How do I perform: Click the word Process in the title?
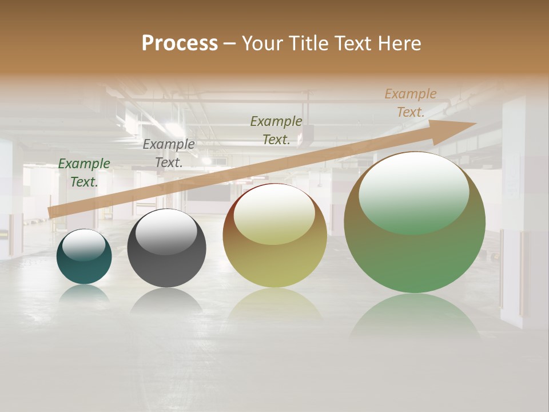[x=180, y=43]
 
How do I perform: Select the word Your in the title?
[x=262, y=43]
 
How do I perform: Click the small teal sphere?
[x=84, y=269]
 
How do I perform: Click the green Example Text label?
[x=84, y=173]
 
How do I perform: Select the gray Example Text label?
[x=169, y=153]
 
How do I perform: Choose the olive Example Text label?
[x=276, y=130]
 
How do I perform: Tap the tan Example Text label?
[x=411, y=103]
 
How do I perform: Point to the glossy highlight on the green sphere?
[x=413, y=192]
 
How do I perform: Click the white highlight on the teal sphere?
[x=84, y=245]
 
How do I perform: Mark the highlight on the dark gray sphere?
[x=166, y=232]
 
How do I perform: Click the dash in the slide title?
[x=230, y=44]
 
